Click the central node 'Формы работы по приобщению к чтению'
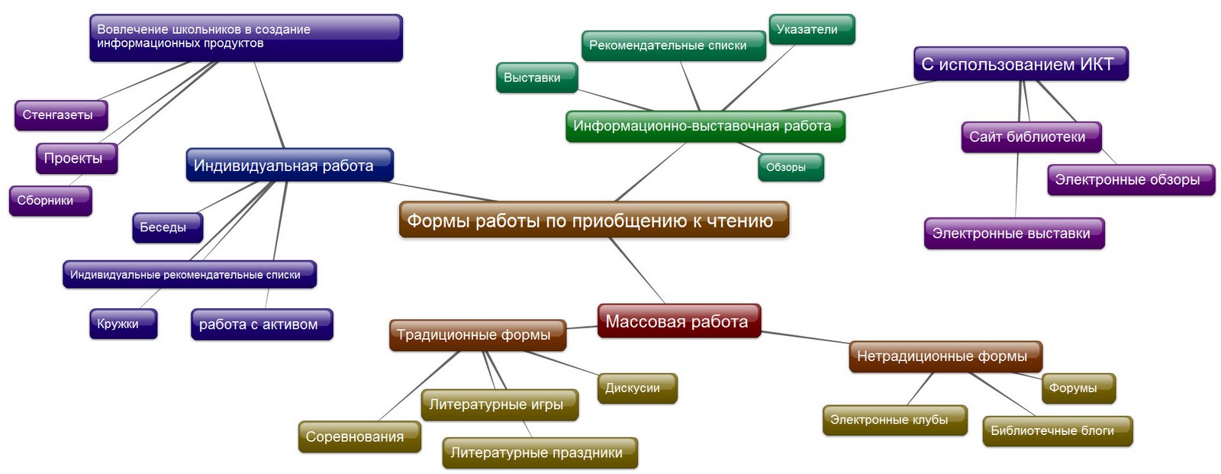[x=593, y=221]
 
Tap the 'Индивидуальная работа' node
[x=289, y=166]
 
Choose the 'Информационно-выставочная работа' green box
[x=704, y=126]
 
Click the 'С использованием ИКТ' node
[x=1020, y=64]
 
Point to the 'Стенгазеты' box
[x=60, y=115]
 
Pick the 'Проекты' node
[x=76, y=159]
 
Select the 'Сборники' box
[x=50, y=201]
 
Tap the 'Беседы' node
[x=167, y=227]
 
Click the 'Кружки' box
[x=122, y=324]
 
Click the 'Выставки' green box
[x=536, y=78]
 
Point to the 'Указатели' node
[x=810, y=30]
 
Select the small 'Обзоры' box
[x=790, y=167]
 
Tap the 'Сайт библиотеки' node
[x=1030, y=137]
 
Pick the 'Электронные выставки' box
[x=1013, y=234]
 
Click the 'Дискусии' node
[x=636, y=388]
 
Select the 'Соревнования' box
[x=359, y=437]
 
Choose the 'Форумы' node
[x=1078, y=388]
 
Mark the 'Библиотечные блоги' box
[x=1056, y=430]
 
